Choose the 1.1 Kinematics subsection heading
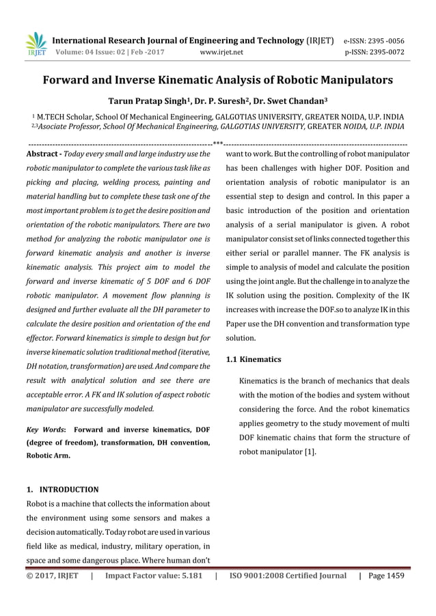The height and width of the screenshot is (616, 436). (x=253, y=359)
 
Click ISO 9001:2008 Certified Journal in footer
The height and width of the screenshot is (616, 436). (x=288, y=575)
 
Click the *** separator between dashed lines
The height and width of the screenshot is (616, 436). (x=218, y=143)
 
